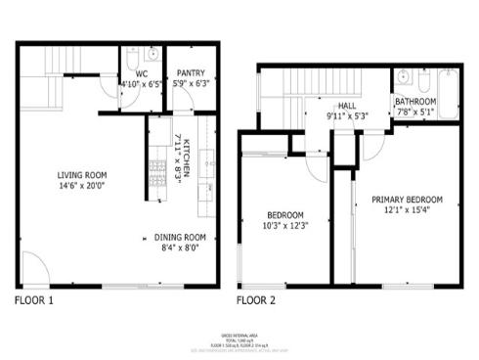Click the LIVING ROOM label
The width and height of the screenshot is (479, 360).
tap(74, 176)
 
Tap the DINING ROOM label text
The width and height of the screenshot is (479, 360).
tap(180, 237)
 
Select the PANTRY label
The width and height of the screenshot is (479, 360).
tap(189, 73)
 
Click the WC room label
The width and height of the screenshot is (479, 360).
tap(141, 73)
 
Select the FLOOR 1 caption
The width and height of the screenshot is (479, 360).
tap(35, 299)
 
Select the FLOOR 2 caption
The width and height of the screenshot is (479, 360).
tap(257, 299)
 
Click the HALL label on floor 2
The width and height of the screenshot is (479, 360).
tap(347, 107)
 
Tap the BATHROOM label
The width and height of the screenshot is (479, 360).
tap(415, 101)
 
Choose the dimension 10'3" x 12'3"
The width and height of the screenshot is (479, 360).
tap(286, 226)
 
